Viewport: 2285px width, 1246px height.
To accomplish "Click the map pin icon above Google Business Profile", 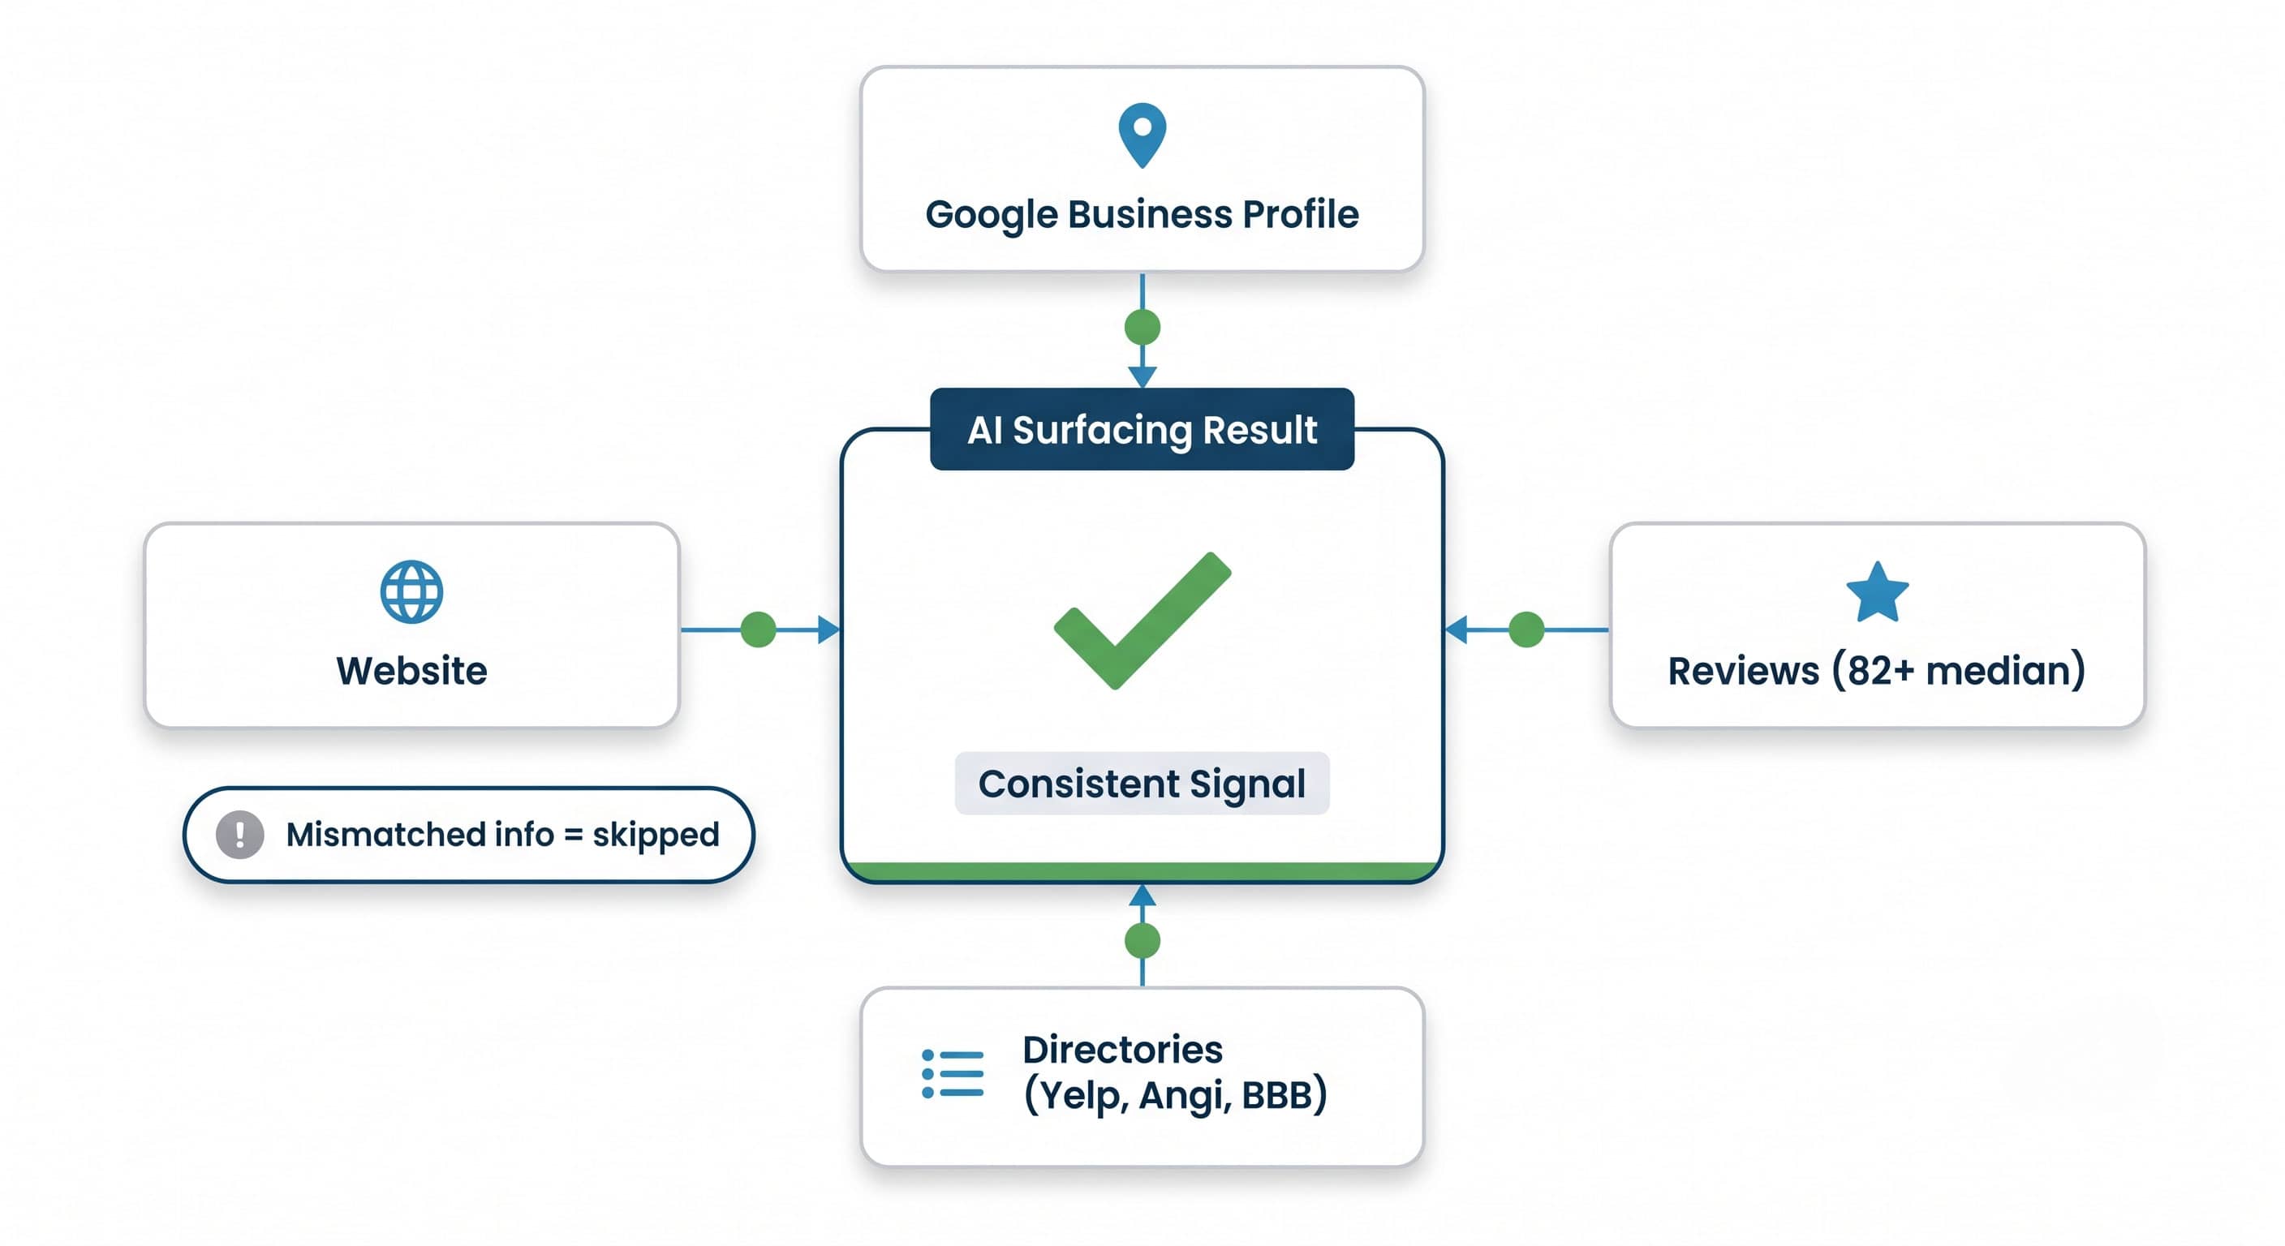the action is pos(1142,134).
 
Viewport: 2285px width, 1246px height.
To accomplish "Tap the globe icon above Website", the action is pos(411,591).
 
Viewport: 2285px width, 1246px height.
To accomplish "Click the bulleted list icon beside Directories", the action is pos(953,1074).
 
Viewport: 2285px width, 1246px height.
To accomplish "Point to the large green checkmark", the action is pos(1142,620).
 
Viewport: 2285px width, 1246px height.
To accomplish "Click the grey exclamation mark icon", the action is pos(239,835).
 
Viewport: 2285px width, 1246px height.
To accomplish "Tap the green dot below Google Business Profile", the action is pos(1142,327).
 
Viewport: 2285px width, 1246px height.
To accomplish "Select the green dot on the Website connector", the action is pos(759,629).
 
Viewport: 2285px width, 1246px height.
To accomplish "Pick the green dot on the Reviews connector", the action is pos(1526,629).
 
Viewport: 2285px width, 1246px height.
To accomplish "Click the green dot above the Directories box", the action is pos(1142,940).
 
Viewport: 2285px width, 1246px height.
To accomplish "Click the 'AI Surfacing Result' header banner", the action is pos(1142,429).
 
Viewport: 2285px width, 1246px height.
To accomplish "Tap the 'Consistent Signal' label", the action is pos(1142,783).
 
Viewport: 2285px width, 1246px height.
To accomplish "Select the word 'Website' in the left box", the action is pos(411,670).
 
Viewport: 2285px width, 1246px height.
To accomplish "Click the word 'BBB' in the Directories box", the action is pos(1276,1095).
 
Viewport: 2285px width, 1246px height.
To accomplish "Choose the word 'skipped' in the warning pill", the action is pos(656,835).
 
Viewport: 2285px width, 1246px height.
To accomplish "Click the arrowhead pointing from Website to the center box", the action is pos(828,629).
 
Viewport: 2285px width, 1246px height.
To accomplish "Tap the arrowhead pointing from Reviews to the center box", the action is pos(1457,629).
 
